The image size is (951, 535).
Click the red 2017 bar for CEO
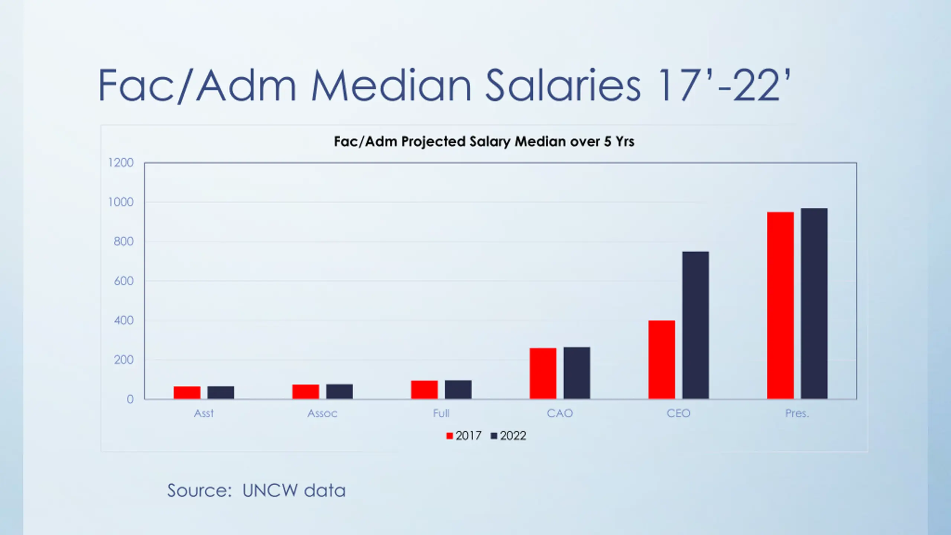pos(662,359)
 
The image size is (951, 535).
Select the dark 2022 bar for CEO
pos(695,325)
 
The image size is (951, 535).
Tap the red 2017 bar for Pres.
pos(780,305)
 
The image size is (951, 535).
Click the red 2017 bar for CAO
pos(543,373)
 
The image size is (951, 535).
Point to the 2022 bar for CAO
pos(577,373)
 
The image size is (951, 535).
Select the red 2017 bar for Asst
pos(187,392)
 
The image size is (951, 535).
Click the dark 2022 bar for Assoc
pos(340,391)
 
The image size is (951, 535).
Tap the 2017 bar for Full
pos(424,389)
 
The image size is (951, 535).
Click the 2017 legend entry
pos(464,435)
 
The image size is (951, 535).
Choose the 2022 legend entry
pos(509,435)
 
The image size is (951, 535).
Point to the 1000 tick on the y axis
pos(121,202)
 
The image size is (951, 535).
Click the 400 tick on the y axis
pos(124,320)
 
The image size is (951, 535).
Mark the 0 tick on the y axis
pos(130,399)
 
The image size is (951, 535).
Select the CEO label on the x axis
pos(678,413)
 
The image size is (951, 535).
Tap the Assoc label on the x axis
pos(322,413)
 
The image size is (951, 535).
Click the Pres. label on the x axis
pos(797,413)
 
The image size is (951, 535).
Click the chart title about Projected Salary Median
pos(484,142)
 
